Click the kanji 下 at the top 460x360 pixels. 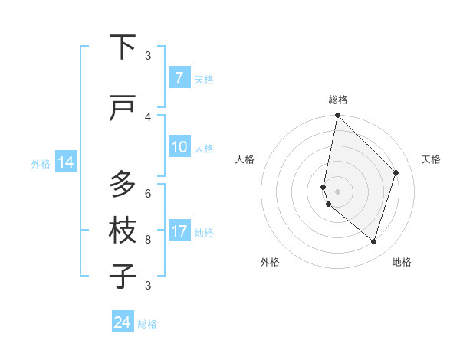click(123, 47)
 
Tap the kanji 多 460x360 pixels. click(123, 184)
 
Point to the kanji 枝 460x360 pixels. click(123, 231)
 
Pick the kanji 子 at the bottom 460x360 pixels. click(123, 276)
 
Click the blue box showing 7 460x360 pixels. click(179, 78)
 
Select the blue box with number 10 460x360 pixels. click(179, 147)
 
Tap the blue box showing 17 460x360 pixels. click(179, 231)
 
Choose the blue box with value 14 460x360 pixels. click(65, 162)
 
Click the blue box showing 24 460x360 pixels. click(123, 322)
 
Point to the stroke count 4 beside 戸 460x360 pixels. click(148, 116)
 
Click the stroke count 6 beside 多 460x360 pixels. click(148, 193)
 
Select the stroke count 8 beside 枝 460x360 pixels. click(148, 240)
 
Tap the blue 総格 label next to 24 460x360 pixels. click(147, 324)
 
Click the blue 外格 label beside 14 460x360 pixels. click(41, 163)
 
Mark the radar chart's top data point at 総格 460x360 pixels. click(337, 116)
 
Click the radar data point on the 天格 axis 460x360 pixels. click(396, 172)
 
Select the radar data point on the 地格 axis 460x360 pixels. click(373, 241)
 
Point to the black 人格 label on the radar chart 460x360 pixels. click(245, 159)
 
